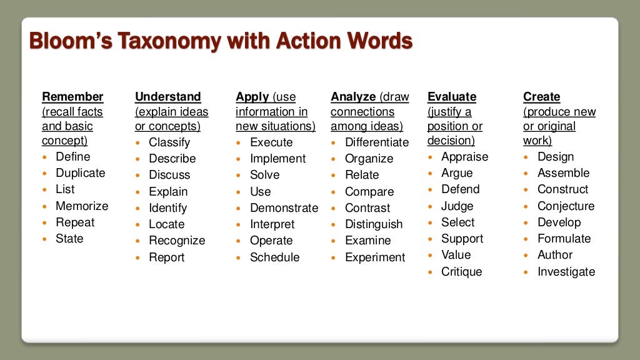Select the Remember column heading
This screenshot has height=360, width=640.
click(x=72, y=97)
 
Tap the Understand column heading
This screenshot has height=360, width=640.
click(x=167, y=97)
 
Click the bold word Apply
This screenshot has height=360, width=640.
click(x=252, y=97)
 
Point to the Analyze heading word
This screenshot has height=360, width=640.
click(x=353, y=97)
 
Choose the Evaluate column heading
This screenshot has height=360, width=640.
click(x=451, y=97)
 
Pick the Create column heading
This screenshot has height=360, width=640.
click(x=541, y=97)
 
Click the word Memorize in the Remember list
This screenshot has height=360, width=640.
click(x=82, y=206)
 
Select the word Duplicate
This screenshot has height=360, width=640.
click(x=81, y=173)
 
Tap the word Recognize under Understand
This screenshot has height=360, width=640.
click(x=177, y=241)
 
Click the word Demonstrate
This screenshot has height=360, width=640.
click(x=284, y=208)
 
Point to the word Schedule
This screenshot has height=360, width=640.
click(x=274, y=257)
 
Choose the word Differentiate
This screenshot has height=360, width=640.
click(x=377, y=142)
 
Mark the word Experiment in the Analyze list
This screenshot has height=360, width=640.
click(x=375, y=257)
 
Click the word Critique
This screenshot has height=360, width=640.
click(x=462, y=272)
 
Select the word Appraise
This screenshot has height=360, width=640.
click(x=464, y=157)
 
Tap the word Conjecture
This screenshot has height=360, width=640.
click(x=566, y=206)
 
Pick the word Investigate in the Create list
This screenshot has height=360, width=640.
click(x=566, y=272)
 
